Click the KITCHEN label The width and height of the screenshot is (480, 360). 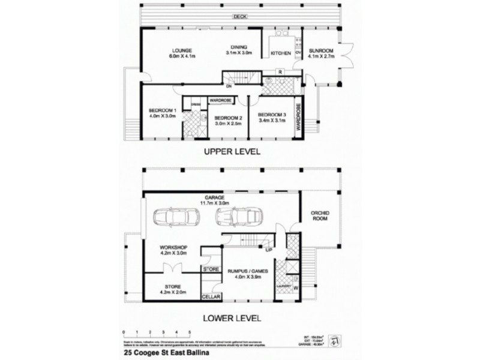(280, 54)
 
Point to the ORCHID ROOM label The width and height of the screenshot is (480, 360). (319, 217)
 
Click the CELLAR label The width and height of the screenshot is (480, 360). (211, 297)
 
